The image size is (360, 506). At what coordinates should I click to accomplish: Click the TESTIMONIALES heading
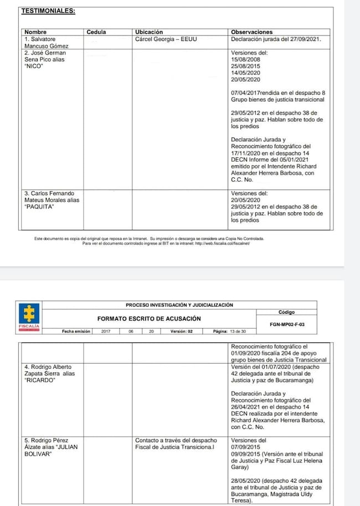coord(48,11)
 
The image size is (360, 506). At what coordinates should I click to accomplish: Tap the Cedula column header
coord(96,32)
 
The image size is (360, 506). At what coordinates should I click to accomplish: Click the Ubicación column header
coord(149,32)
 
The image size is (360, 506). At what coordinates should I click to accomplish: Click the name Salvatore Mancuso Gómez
coord(44,43)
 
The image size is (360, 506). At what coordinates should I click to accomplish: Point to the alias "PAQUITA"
coord(40,207)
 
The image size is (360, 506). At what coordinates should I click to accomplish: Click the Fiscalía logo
coord(29,317)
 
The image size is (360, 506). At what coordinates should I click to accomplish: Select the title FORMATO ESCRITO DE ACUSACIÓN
coord(149,319)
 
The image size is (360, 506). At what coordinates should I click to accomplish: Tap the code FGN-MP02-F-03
coord(286,324)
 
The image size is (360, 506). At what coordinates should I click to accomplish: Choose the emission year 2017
coord(106,331)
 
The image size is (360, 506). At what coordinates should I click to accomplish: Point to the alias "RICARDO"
coord(38,380)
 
